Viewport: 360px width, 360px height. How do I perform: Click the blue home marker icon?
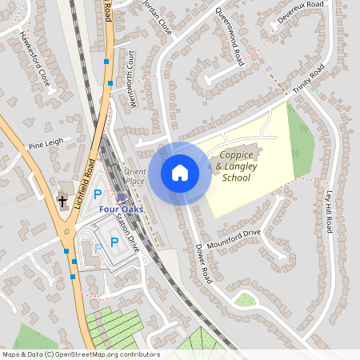pyautogui.click(x=180, y=173)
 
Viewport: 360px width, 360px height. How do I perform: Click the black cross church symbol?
pyautogui.click(x=62, y=201)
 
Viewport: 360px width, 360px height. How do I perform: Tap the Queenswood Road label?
pyautogui.click(x=230, y=37)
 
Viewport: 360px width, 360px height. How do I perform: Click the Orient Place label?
pyautogui.click(x=134, y=176)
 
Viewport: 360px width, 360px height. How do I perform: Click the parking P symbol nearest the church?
pyautogui.click(x=98, y=194)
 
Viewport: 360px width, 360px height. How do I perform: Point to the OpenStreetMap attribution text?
pyautogui.click(x=80, y=354)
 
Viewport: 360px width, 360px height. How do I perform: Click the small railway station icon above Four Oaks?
pyautogui.click(x=121, y=197)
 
